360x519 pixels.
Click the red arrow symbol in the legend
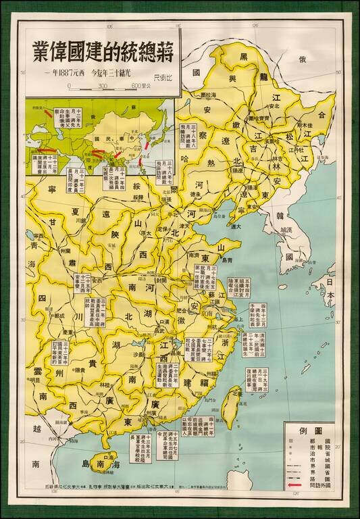(294, 485)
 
